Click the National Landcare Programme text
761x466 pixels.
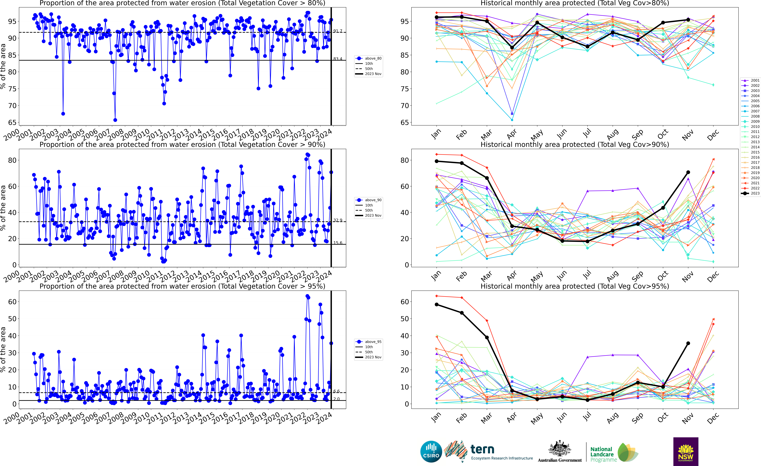(602, 454)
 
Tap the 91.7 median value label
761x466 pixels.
(338, 31)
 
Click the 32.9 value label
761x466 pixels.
(338, 220)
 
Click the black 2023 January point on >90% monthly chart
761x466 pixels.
(436, 161)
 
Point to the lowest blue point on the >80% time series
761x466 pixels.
(115, 120)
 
